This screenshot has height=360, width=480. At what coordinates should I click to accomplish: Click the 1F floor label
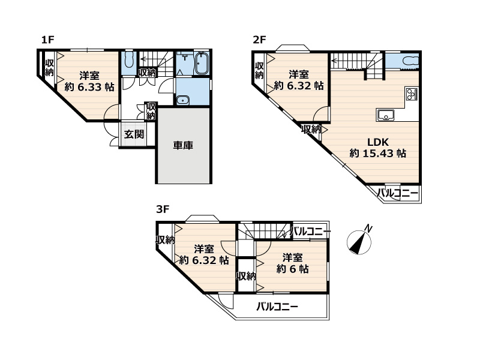tap(48, 40)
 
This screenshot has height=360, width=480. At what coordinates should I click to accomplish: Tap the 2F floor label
tap(259, 40)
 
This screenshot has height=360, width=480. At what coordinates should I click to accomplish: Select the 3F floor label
tap(163, 209)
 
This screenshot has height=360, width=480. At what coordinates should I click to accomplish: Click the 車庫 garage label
tap(183, 145)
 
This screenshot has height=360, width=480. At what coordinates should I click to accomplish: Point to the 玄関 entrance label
tap(134, 134)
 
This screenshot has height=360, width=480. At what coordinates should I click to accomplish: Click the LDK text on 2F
tap(378, 142)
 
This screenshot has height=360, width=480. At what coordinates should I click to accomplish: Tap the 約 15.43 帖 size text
tap(378, 153)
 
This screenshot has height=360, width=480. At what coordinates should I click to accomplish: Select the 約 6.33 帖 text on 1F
tap(89, 87)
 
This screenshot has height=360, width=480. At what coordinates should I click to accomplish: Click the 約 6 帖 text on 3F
tap(292, 269)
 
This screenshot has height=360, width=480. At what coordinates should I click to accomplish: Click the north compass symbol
tap(359, 242)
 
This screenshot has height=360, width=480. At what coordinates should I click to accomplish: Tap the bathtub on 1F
tap(202, 64)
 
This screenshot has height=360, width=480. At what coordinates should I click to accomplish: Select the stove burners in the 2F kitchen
tap(411, 94)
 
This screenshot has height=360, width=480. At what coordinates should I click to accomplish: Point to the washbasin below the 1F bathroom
tap(182, 100)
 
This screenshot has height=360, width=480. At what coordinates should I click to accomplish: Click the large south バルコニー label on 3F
tap(277, 307)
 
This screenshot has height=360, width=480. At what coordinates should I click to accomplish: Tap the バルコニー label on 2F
tap(397, 193)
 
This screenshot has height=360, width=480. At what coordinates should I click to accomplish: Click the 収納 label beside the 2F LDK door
tap(311, 130)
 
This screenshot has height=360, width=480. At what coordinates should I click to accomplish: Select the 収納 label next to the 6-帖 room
tap(247, 276)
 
